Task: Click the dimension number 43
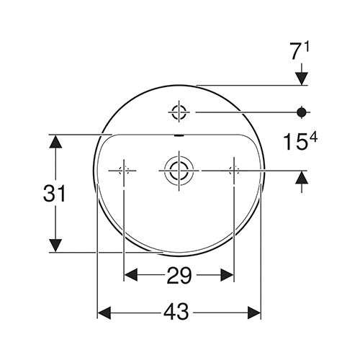pos(179,312)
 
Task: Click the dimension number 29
pos(179,274)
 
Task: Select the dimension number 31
pos(54,193)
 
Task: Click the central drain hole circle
pos(177,170)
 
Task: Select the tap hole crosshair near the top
pos(178,112)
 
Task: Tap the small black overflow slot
pos(178,135)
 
